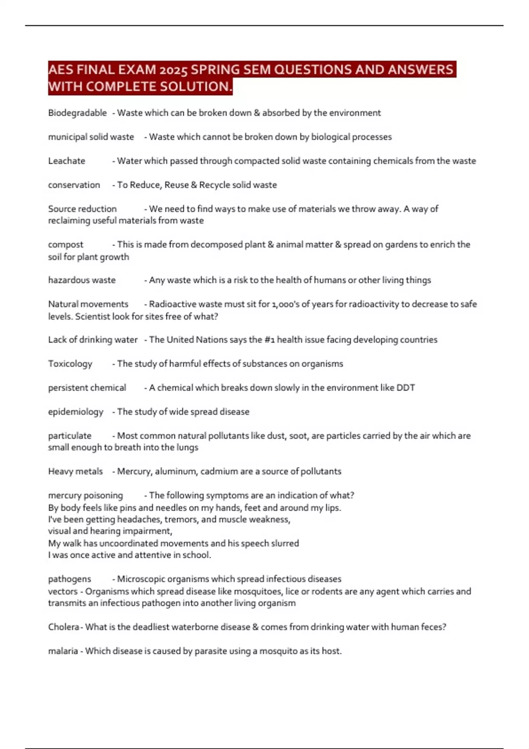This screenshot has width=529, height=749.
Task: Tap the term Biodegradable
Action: pos(77,113)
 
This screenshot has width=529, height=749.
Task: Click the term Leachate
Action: pos(67,161)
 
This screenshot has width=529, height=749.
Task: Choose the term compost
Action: pos(66,245)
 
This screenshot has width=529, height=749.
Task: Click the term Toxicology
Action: pos(70,364)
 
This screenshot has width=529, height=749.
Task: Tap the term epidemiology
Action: pos(75,412)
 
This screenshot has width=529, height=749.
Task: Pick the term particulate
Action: pos(70,436)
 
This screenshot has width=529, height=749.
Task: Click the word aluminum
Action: pos(175,471)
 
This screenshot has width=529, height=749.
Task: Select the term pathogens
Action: pos(70,579)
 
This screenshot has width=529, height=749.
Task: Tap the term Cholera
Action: pos(63,627)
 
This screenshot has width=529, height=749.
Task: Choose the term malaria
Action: pos(63,651)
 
